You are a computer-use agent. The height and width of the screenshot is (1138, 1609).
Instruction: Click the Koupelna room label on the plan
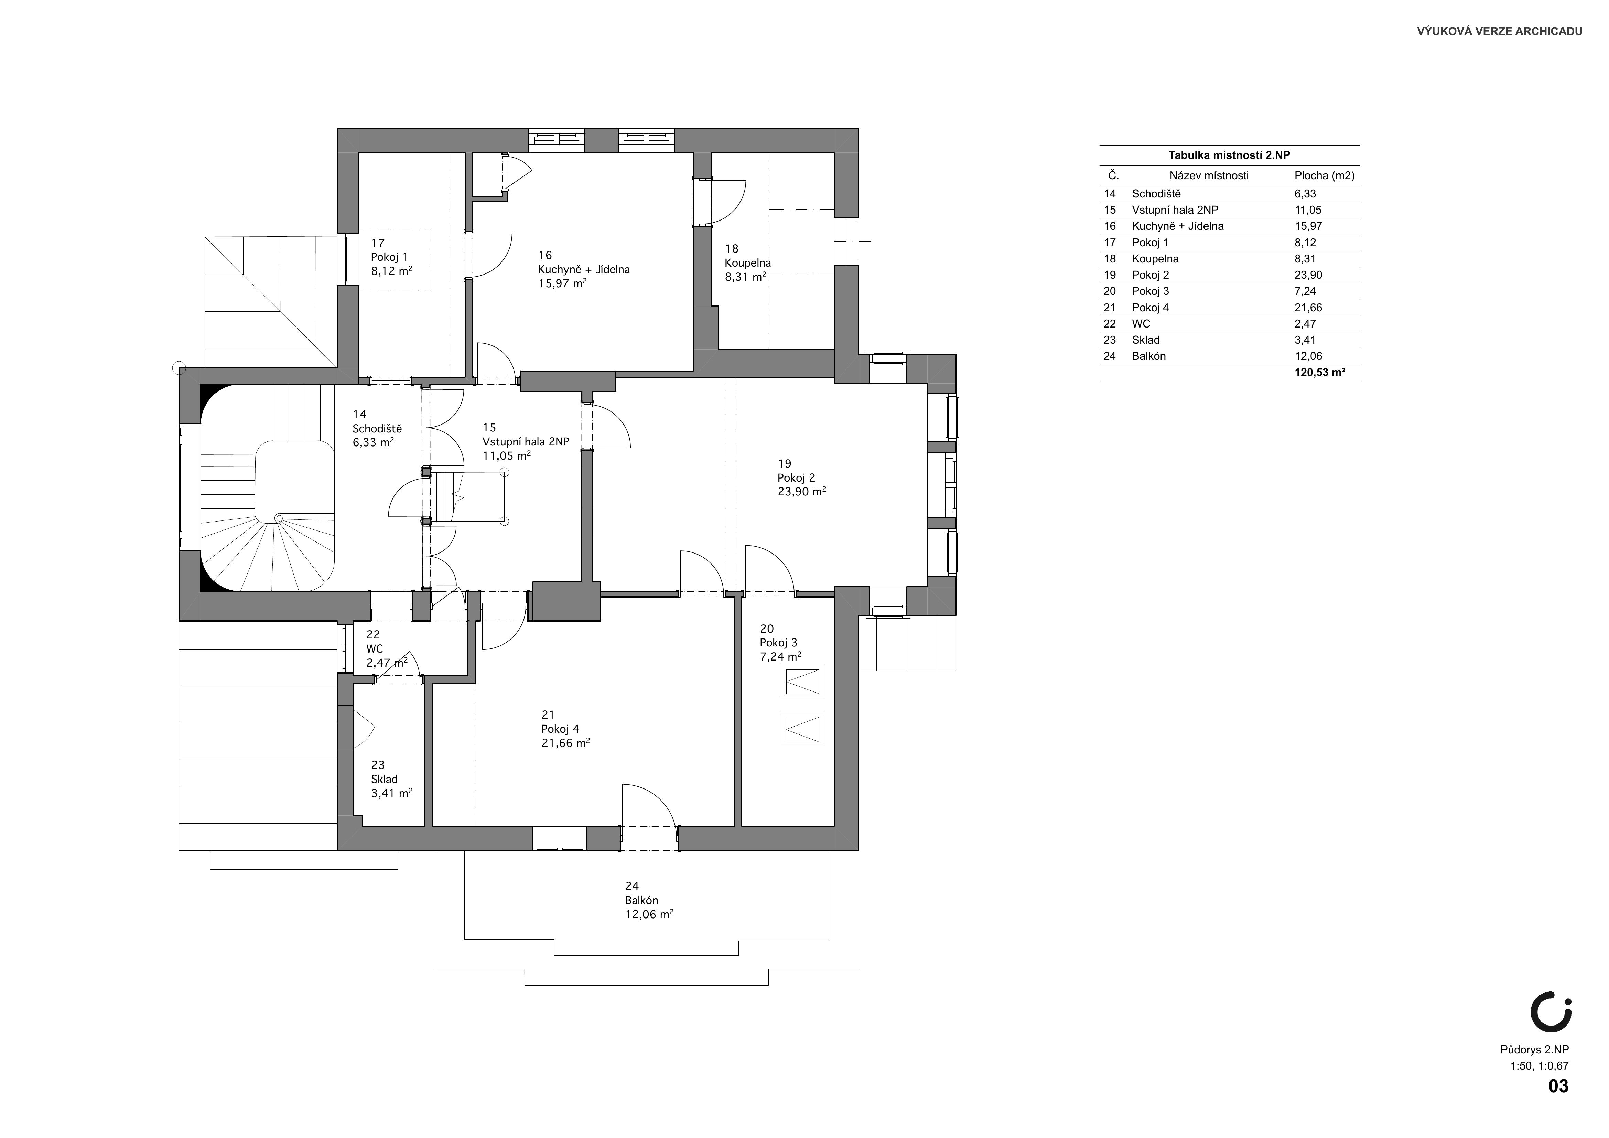(x=748, y=263)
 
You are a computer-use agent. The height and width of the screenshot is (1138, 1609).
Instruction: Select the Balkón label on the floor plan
(x=641, y=900)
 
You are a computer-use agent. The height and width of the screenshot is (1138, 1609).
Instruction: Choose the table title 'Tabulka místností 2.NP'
(x=1229, y=155)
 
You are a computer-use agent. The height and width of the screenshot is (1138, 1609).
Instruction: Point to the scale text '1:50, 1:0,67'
(x=1539, y=1066)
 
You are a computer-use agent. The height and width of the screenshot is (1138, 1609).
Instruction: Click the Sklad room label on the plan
(x=384, y=779)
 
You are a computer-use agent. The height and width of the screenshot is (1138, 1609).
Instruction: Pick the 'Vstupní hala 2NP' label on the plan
(x=526, y=441)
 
